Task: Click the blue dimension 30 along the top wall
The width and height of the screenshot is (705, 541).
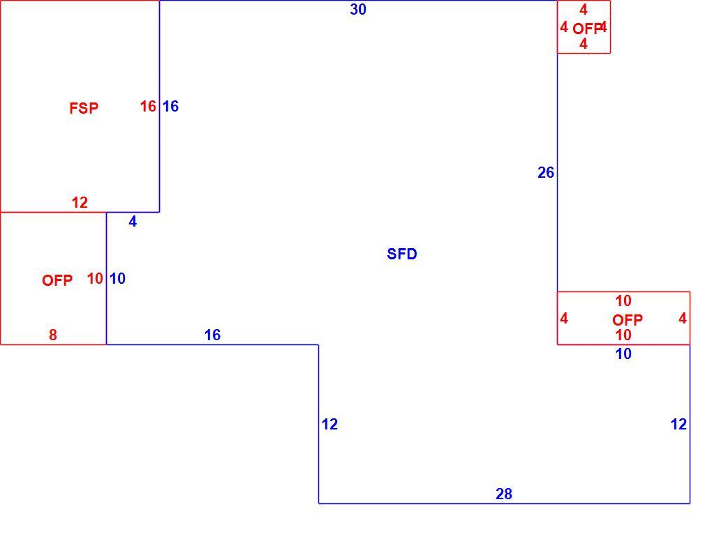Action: click(358, 10)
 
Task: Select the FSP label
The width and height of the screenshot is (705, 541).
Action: click(84, 108)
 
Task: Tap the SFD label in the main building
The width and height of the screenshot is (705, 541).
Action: click(402, 254)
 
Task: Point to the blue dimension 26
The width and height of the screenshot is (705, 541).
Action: click(546, 172)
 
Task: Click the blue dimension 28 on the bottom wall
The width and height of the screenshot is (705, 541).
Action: click(503, 494)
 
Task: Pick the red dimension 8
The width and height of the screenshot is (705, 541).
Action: click(53, 335)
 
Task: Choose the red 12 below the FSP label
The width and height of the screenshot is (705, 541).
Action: click(80, 202)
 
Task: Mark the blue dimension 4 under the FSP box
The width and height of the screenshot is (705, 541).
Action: click(133, 221)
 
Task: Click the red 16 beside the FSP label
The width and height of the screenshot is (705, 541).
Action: click(148, 107)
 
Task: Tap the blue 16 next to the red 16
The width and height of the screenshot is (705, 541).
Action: click(170, 107)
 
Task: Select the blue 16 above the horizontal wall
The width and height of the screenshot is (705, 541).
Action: click(212, 335)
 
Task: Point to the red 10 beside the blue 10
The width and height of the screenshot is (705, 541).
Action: click(95, 278)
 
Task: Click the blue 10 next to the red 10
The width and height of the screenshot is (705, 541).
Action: click(117, 278)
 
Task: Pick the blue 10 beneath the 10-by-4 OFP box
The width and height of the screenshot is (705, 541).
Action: click(623, 353)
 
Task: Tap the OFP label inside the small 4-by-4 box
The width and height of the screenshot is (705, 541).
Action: click(587, 29)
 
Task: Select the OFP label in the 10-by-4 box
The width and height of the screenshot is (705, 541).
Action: click(628, 320)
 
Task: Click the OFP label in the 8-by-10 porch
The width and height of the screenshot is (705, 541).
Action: click(57, 280)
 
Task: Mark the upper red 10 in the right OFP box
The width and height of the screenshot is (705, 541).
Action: click(623, 300)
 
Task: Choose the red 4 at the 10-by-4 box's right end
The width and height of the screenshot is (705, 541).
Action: click(683, 319)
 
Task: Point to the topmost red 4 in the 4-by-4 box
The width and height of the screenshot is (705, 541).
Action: click(583, 10)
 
